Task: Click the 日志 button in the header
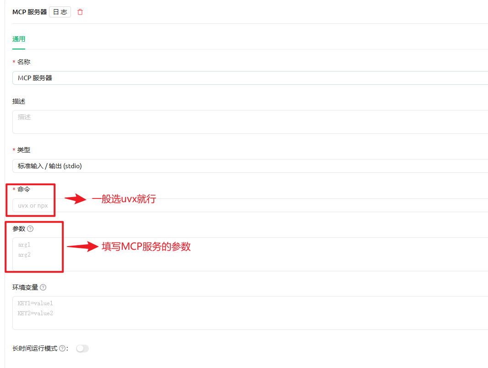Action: click(x=60, y=12)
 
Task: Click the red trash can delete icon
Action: click(x=80, y=12)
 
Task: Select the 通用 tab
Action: click(x=19, y=39)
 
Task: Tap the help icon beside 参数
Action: click(x=31, y=229)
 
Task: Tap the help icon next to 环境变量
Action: click(x=43, y=287)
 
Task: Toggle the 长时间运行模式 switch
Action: click(x=82, y=349)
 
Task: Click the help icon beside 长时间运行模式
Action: click(x=62, y=349)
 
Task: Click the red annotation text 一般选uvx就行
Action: click(x=124, y=199)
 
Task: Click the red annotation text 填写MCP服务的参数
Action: click(x=146, y=247)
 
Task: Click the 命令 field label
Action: click(x=24, y=189)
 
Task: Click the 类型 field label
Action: click(x=24, y=150)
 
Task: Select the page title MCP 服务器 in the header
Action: click(x=29, y=12)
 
